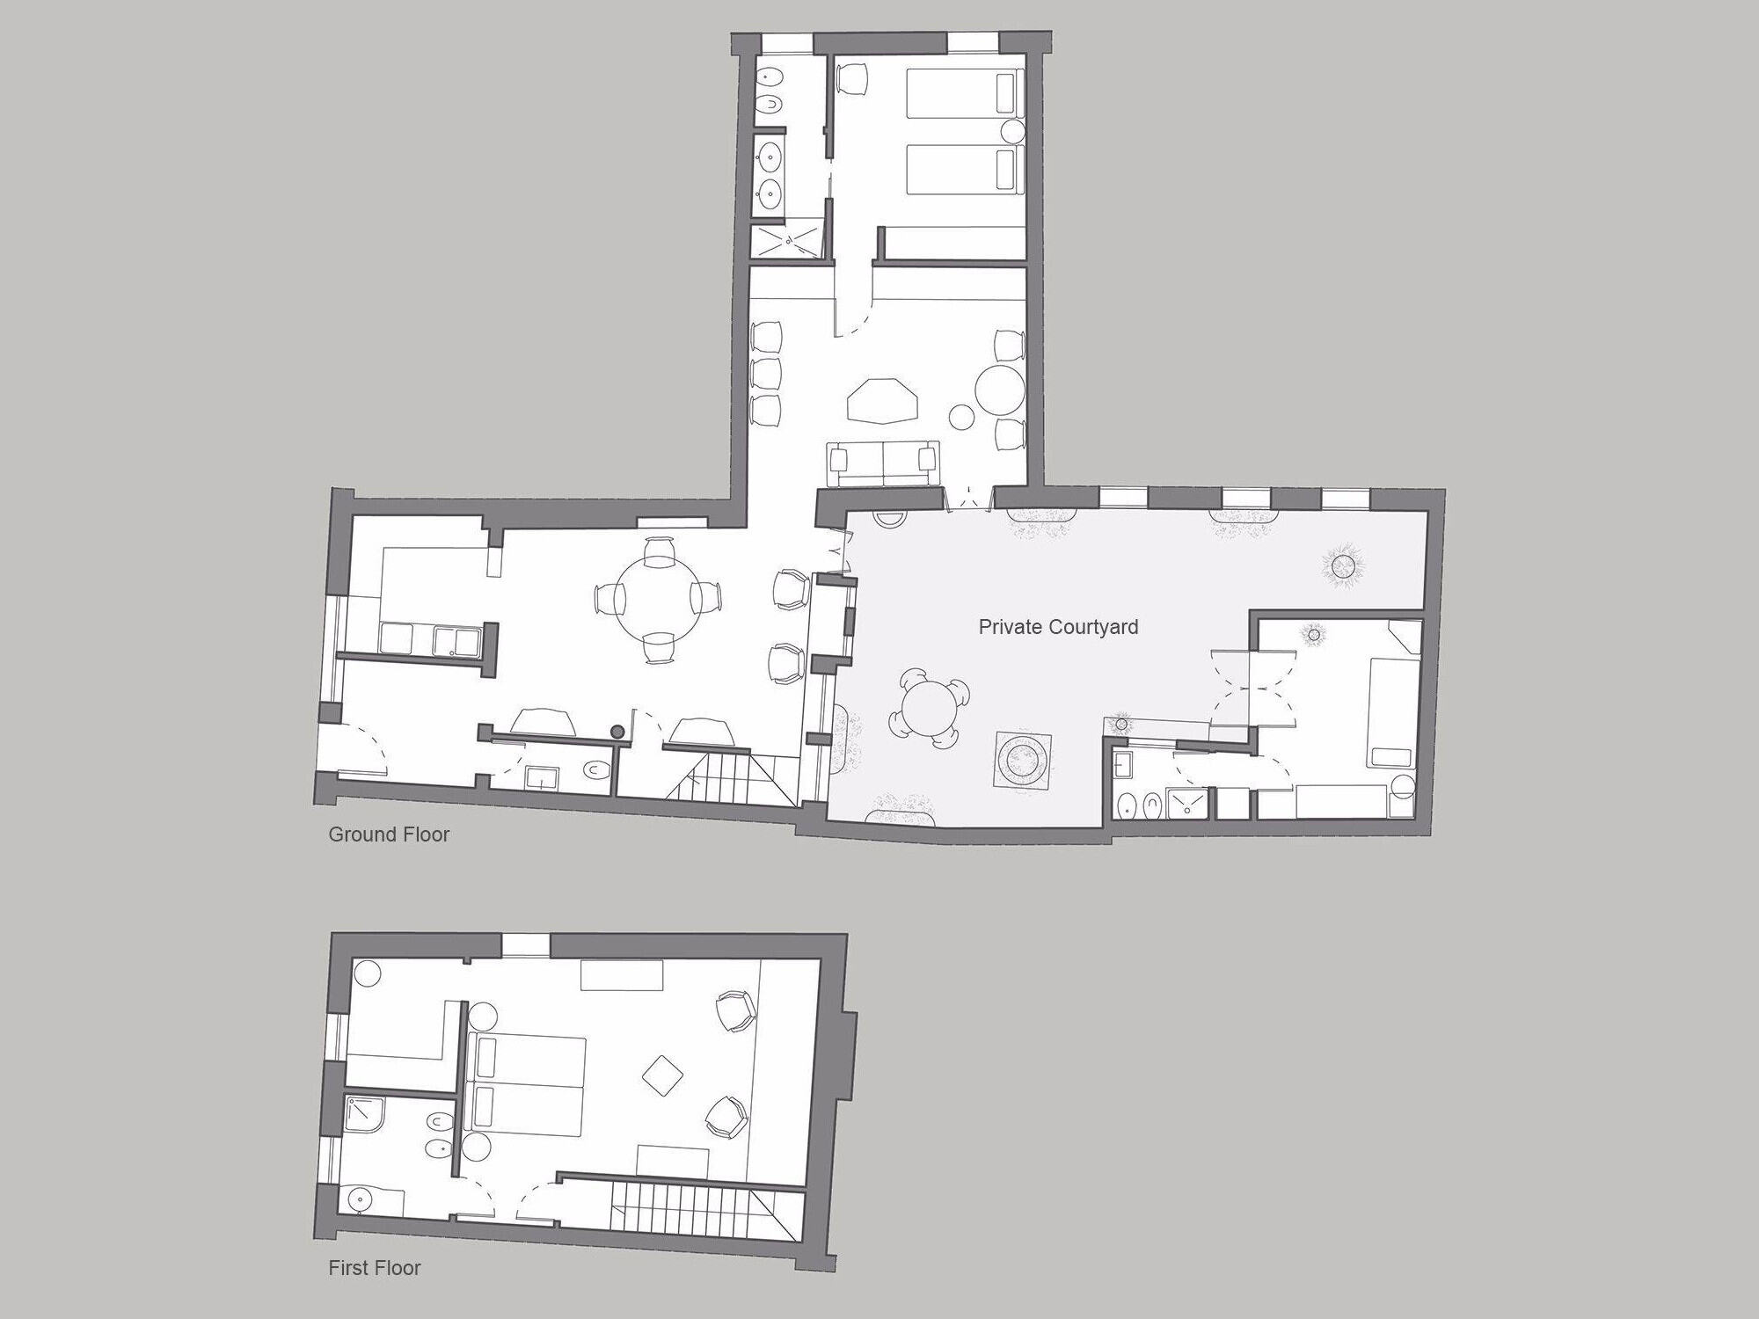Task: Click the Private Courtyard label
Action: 1058,627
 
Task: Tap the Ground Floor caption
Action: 389,834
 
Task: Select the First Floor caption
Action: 375,1268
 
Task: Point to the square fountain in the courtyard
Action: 1023,758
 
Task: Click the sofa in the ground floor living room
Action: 883,463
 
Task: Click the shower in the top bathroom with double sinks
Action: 787,238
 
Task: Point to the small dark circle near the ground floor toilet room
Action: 617,731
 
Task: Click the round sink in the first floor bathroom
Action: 361,1199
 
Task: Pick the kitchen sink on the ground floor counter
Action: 456,639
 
